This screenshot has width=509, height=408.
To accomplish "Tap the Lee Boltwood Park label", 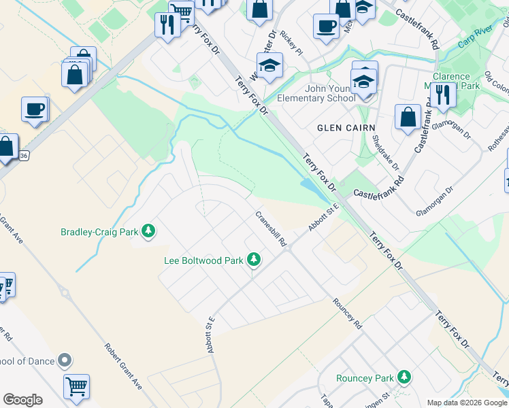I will pyautogui.click(x=203, y=260).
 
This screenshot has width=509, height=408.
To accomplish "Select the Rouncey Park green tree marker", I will pyautogui.click(x=404, y=377).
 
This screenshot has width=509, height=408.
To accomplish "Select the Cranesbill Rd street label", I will pyautogui.click(x=272, y=228).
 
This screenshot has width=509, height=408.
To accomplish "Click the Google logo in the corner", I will pyautogui.click(x=22, y=400).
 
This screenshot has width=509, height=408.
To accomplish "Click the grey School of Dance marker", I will pyautogui.click(x=65, y=360).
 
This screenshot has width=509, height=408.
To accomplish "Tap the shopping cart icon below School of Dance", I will pyautogui.click(x=76, y=386).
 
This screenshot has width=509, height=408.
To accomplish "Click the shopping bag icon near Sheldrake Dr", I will pyautogui.click(x=408, y=116).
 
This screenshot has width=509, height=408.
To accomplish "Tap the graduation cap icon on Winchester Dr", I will pyautogui.click(x=269, y=65).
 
